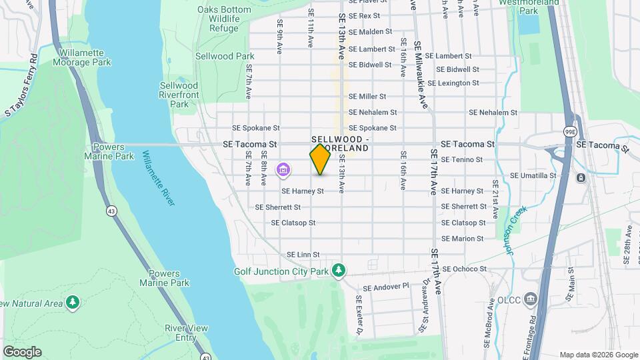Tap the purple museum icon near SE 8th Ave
click(283, 171)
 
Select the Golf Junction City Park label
click(281, 271)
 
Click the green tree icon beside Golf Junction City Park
click(339, 270)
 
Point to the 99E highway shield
click(569, 132)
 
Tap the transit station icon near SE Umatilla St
click(581, 177)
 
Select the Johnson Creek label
click(515, 230)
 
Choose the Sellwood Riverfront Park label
click(179, 95)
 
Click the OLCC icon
click(530, 297)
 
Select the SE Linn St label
click(303, 255)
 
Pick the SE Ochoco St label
click(465, 269)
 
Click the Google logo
click(22, 351)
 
